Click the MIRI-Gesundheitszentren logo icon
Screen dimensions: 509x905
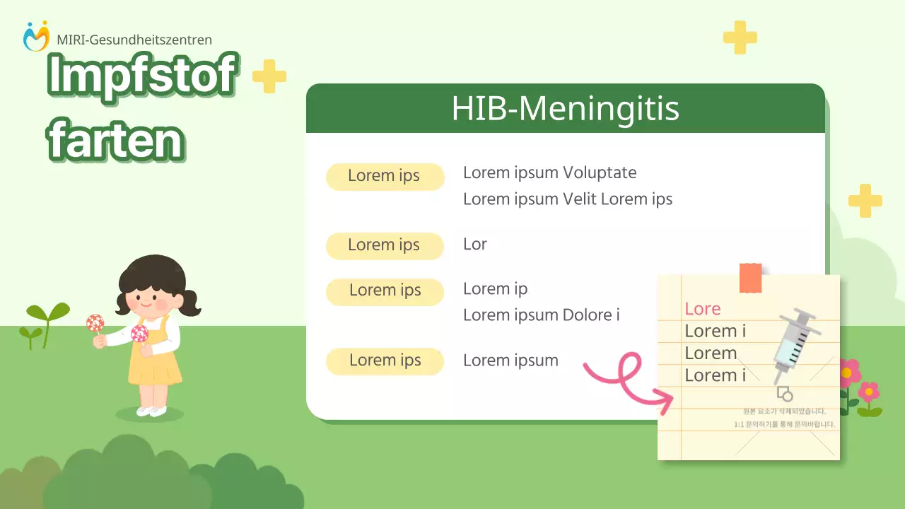coord(36,36)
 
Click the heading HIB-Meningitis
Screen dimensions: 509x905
coord(565,109)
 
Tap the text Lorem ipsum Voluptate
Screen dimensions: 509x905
coord(549,172)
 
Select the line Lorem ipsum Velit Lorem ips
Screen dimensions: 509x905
coord(567,199)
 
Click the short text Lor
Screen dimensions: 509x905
coord(474,245)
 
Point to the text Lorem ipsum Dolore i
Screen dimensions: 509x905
coord(541,315)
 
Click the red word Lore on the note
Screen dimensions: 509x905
coord(702,309)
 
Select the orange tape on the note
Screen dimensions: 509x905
coord(750,278)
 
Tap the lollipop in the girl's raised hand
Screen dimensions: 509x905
coord(95,323)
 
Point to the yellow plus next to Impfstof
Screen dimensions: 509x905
coord(269,76)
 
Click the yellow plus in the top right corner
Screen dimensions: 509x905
coord(740,37)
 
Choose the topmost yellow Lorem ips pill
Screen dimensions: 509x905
coord(385,177)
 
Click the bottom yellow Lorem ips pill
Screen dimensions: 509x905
coord(385,361)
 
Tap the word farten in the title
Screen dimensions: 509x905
coord(116,141)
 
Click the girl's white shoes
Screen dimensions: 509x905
coord(151,410)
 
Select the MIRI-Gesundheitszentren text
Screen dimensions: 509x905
coord(134,40)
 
